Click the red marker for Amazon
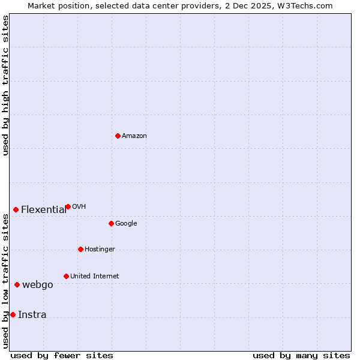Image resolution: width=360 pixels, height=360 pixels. [x=118, y=136]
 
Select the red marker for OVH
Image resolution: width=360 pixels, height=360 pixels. [x=68, y=206]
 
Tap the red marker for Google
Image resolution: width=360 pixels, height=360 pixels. [x=111, y=223]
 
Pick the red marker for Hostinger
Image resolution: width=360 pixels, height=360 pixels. [x=80, y=249]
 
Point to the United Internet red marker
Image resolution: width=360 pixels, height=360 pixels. [x=66, y=276]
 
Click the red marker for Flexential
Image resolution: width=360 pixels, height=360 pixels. [x=16, y=209]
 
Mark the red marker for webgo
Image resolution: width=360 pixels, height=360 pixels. [x=17, y=284]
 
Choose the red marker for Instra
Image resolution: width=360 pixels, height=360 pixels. [x=13, y=314]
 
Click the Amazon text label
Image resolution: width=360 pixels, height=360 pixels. [x=134, y=136]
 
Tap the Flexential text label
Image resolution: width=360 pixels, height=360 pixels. [x=44, y=209]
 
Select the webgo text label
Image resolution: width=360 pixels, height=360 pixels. [x=38, y=284]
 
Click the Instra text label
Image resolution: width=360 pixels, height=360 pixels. [x=32, y=314]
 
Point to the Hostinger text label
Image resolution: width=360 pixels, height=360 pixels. [x=100, y=249]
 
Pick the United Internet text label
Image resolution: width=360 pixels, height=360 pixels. [x=95, y=276]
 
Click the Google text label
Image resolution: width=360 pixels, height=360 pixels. [x=126, y=223]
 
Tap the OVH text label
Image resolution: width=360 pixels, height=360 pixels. [x=79, y=206]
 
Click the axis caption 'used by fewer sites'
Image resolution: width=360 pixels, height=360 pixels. [x=62, y=355]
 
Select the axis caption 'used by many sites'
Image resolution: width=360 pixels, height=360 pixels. [x=301, y=355]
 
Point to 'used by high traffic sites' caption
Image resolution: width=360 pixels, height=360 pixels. [x=6, y=85]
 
